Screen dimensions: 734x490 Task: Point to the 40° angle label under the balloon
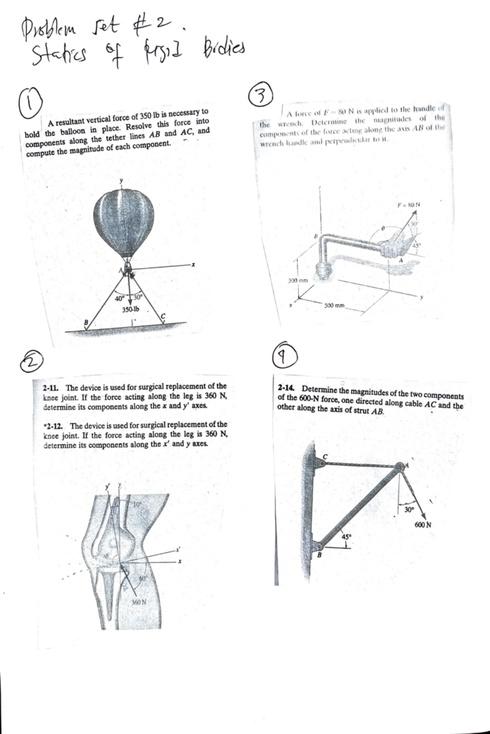click(119, 299)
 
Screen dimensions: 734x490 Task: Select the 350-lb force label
click(131, 309)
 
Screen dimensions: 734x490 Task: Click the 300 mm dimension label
click(298, 281)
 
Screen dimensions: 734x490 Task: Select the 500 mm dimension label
click(334, 306)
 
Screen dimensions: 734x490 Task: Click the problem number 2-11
click(52, 387)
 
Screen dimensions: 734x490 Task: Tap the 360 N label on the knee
click(139, 602)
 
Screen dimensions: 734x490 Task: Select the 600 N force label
click(423, 524)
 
